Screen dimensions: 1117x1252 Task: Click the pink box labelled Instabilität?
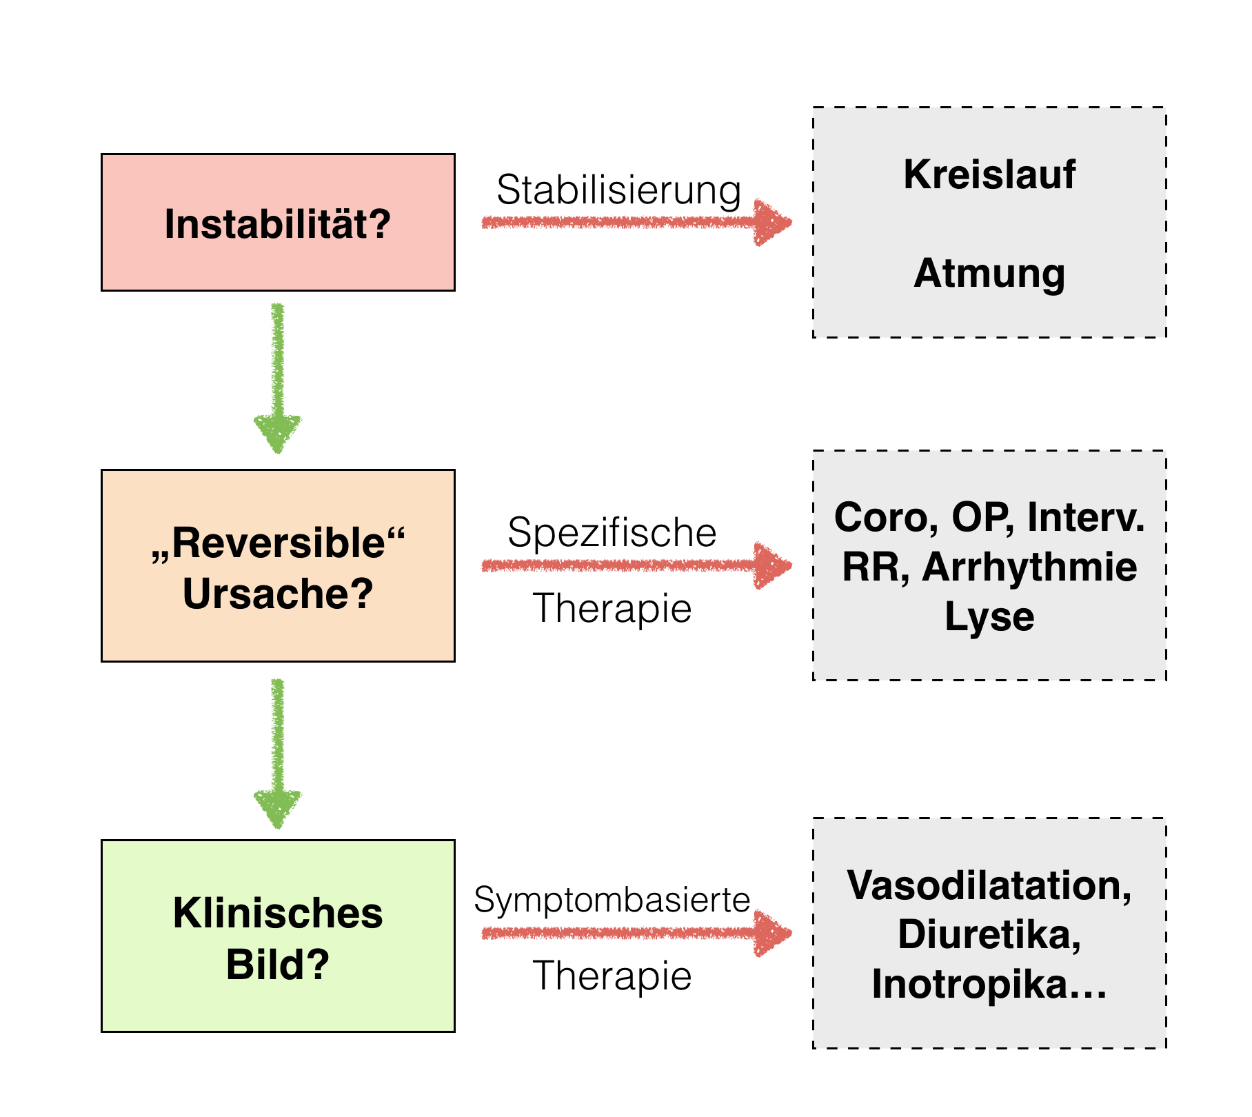pyautogui.click(x=278, y=222)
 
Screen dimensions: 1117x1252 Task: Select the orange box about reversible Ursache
pyautogui.click(x=278, y=565)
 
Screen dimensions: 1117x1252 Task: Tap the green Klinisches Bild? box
pyautogui.click(x=278, y=936)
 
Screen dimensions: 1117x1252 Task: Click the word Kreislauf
pyautogui.click(x=989, y=174)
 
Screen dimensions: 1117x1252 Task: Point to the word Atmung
pyautogui.click(x=989, y=274)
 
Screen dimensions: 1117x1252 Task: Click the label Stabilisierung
pyautogui.click(x=618, y=190)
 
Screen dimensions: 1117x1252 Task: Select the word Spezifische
pyautogui.click(x=612, y=533)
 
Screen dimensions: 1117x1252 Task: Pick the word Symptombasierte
pyautogui.click(x=612, y=900)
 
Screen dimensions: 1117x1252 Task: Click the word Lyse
pyautogui.click(x=989, y=616)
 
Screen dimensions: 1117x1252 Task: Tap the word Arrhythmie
pyautogui.click(x=1029, y=567)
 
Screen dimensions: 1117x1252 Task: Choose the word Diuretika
pyautogui.click(x=989, y=935)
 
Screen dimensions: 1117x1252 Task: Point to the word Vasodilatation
pyautogui.click(x=989, y=885)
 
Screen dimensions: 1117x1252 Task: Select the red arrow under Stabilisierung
pyautogui.click(x=636, y=222)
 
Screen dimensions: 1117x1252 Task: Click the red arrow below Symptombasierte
pyautogui.click(x=636, y=934)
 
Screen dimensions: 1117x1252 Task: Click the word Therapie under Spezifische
pyautogui.click(x=612, y=609)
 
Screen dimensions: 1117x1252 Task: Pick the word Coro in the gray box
pyautogui.click(x=885, y=517)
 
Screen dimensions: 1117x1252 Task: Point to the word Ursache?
pyautogui.click(x=278, y=594)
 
